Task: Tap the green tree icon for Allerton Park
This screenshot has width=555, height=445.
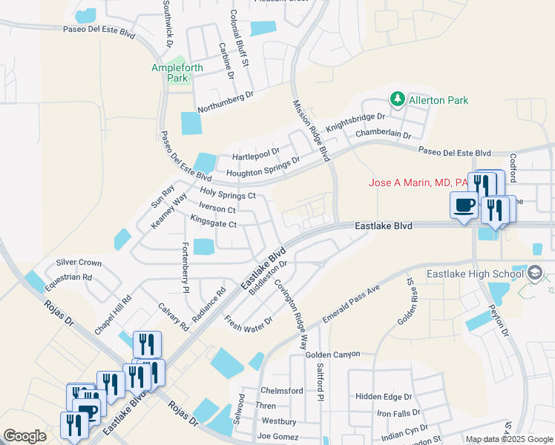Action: click(398, 99)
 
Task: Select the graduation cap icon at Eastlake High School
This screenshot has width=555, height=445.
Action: click(534, 274)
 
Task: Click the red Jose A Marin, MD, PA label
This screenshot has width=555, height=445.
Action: click(418, 182)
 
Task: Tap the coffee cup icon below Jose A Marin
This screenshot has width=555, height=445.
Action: click(464, 205)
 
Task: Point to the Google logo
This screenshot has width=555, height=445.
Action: click(24, 436)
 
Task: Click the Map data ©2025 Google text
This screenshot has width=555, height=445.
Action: click(508, 439)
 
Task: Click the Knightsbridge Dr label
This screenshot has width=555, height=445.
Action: click(356, 122)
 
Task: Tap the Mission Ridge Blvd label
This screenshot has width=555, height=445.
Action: click(310, 131)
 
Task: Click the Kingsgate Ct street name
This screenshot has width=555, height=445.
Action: click(213, 224)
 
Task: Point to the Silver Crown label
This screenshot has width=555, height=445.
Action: click(79, 263)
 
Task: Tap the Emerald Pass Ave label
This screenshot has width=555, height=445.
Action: click(351, 303)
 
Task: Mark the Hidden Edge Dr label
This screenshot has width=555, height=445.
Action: click(383, 397)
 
